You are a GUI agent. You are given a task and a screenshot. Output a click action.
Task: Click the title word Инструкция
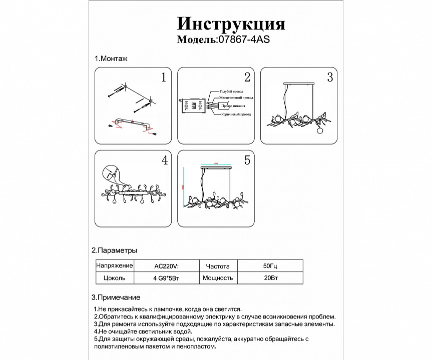(231, 23)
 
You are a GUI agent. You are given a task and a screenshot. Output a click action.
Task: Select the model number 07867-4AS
(243, 40)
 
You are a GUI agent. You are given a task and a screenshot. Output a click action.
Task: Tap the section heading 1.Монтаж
(111, 58)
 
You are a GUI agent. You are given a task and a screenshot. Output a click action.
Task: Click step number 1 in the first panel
(163, 77)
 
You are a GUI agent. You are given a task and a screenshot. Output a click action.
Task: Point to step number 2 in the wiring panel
(247, 77)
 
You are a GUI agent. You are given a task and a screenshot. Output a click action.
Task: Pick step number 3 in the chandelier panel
(329, 77)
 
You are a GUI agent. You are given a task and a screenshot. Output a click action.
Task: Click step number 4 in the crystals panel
(164, 160)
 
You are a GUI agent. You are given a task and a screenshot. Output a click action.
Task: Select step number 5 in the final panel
(247, 160)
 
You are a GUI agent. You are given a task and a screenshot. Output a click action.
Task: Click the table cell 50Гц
(269, 266)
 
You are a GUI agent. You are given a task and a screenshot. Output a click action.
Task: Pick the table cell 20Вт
(269, 278)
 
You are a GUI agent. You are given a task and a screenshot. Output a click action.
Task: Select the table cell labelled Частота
(218, 266)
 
